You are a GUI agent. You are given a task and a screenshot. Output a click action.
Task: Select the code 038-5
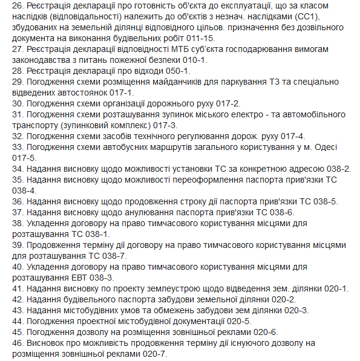click(325, 201)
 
